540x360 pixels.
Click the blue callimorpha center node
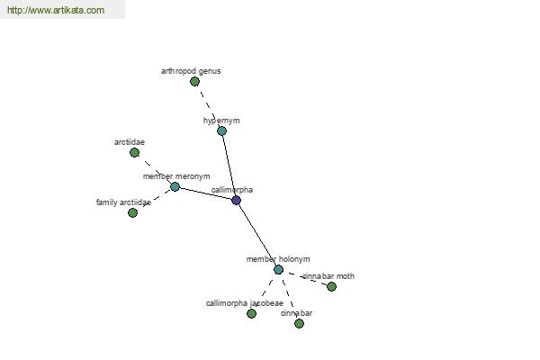coord(236,200)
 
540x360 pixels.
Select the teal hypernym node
coord(221,130)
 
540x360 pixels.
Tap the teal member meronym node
coord(175,186)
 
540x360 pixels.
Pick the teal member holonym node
coord(279,269)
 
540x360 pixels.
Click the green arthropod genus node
coord(194,82)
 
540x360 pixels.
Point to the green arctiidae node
coord(135,153)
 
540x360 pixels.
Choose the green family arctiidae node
coord(132,213)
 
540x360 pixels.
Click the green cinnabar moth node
coord(331,286)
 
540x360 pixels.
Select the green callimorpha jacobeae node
coord(251,313)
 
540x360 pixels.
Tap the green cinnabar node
coord(299,323)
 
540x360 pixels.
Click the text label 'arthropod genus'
coord(191,71)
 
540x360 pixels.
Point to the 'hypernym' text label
coord(221,121)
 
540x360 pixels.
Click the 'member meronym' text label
coord(176,176)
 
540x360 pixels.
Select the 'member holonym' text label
coord(278,259)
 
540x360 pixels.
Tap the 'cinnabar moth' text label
coord(328,276)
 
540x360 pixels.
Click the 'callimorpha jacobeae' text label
coord(245,303)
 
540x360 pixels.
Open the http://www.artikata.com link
coord(56,10)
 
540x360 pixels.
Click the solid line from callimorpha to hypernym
coord(229,166)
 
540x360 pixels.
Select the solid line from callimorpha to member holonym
coord(257,235)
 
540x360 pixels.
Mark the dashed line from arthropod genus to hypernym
coord(208,106)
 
